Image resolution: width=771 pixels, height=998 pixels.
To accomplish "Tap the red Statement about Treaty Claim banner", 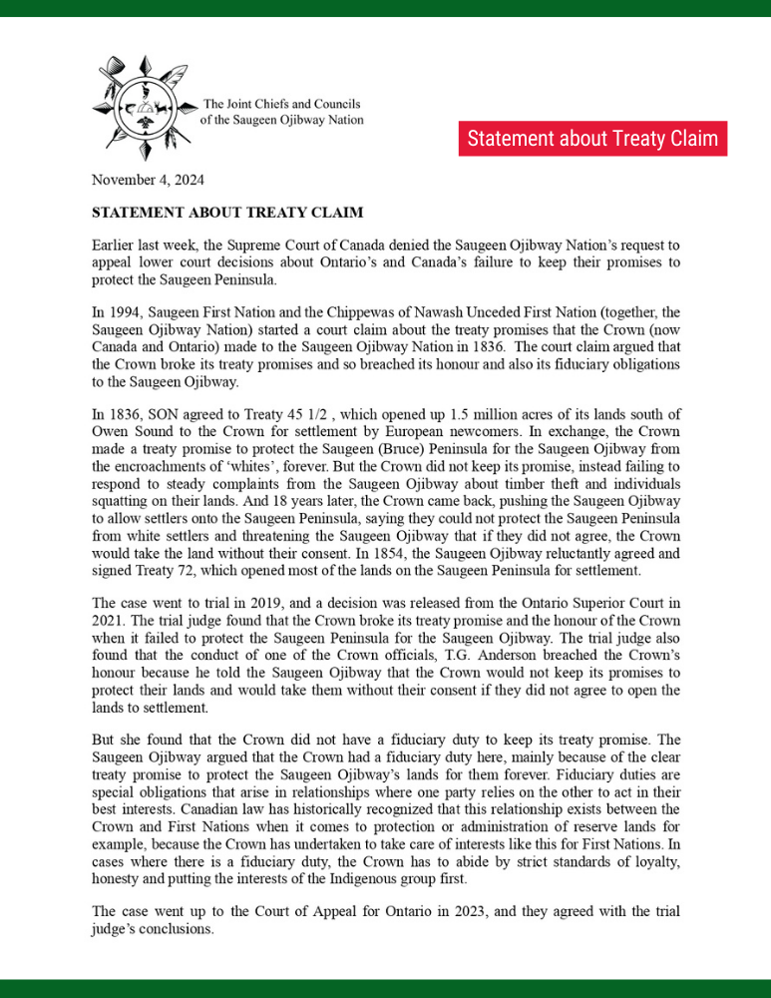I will (x=592, y=139).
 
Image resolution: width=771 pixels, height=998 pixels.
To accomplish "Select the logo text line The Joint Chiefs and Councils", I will (x=281, y=104).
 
